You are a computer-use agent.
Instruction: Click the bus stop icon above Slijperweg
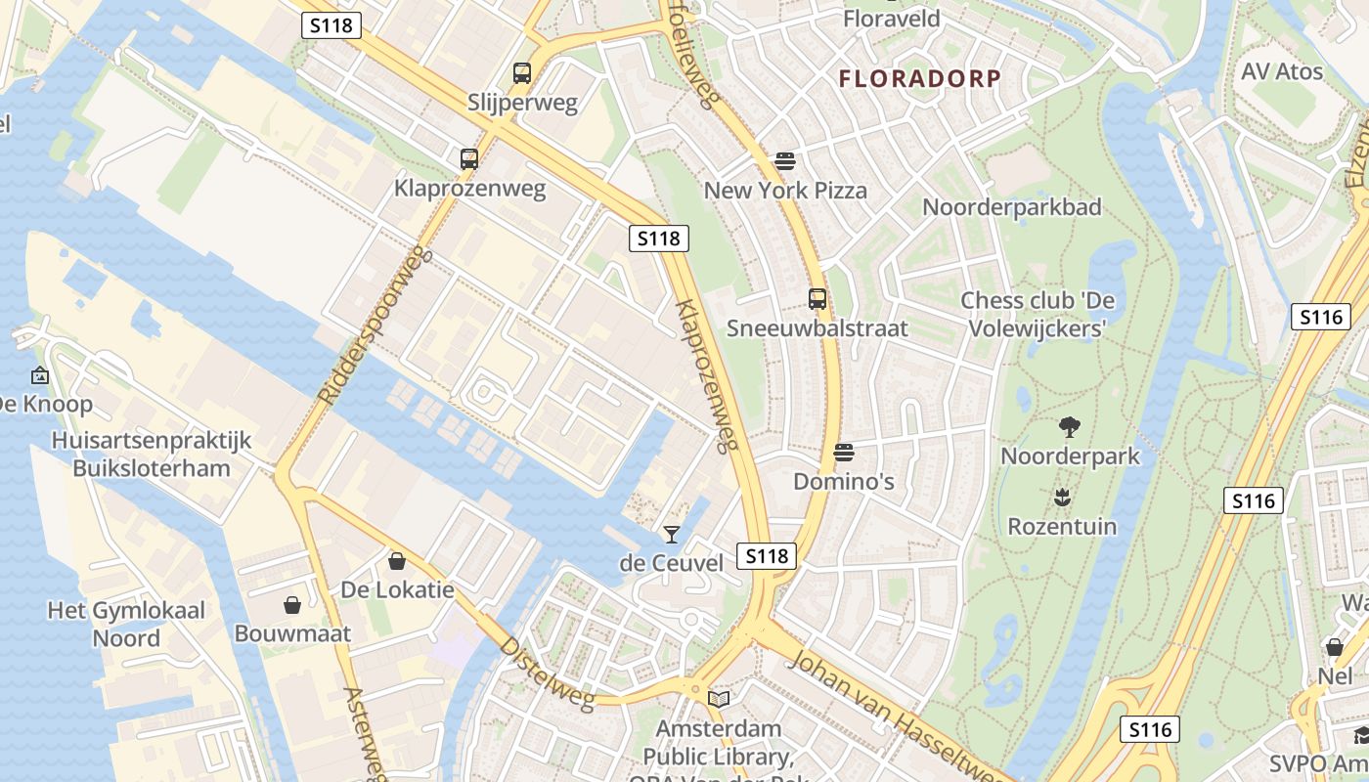[x=522, y=73]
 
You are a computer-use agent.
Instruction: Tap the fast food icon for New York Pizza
[x=784, y=160]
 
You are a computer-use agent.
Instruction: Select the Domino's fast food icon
[x=843, y=453]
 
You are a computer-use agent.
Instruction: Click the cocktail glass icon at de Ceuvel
[x=671, y=534]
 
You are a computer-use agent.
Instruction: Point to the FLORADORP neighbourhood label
[x=920, y=79]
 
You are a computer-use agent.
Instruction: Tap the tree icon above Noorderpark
[x=1069, y=426]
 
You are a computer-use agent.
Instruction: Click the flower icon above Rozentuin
[x=1062, y=498]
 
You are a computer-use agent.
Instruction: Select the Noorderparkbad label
[x=1011, y=207]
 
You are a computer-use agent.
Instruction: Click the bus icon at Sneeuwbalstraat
[x=817, y=299]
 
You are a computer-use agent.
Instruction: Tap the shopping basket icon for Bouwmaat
[x=291, y=605]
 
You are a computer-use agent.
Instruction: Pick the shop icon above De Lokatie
[x=397, y=561]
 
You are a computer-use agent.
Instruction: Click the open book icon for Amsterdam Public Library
[x=719, y=699]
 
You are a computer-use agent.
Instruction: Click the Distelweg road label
[x=547, y=673]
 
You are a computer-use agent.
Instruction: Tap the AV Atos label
[x=1281, y=72]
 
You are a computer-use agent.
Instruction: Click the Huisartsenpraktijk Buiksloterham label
[x=152, y=455]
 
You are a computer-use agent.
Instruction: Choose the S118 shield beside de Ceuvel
[x=766, y=556]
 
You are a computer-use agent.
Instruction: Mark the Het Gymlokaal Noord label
[x=127, y=625]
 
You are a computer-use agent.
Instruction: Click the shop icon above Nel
[x=1334, y=647]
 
